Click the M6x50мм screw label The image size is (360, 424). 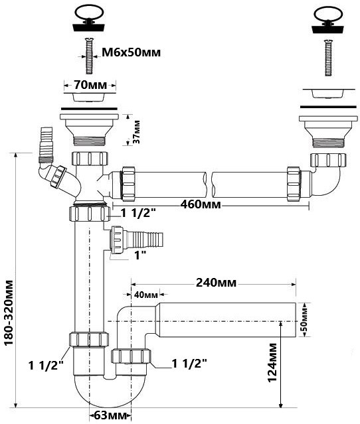pyautogui.click(x=131, y=52)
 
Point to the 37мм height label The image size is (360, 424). pyautogui.click(x=137, y=131)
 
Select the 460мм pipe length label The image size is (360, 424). pyautogui.click(x=201, y=204)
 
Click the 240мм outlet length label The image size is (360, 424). pyautogui.click(x=216, y=283)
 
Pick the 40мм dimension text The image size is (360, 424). pyautogui.click(x=146, y=295)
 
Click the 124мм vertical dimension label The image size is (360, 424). pyautogui.click(x=272, y=362)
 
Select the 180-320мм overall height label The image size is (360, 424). pyautogui.click(x=9, y=313)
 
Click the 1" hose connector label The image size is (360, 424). pyautogui.click(x=141, y=255)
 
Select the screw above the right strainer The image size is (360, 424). pyautogui.click(x=327, y=58)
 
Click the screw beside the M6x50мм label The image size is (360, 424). pyautogui.click(x=88, y=56)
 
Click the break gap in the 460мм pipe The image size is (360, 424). pyautogui.click(x=209, y=184)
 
